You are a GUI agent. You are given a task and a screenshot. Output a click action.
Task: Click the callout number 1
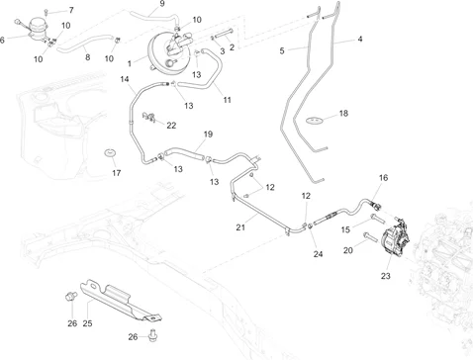point(130,63)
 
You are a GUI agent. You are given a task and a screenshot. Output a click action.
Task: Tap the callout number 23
point(385,276)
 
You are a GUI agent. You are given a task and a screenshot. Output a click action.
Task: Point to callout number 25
point(87,323)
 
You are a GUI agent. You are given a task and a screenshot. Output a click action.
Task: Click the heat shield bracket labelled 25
point(121,301)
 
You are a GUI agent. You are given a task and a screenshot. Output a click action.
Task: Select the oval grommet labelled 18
point(315,121)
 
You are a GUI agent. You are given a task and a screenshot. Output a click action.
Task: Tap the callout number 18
point(343,113)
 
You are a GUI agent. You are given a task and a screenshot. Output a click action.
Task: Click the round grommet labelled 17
point(110,152)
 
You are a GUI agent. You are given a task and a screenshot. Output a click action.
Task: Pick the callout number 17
point(116,173)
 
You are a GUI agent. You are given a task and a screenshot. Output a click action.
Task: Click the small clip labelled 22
point(148,117)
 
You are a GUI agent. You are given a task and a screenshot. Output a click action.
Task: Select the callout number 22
point(171,126)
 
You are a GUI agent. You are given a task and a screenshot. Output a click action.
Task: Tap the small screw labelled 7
point(47,12)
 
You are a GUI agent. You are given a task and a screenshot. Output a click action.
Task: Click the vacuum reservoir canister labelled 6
point(37,28)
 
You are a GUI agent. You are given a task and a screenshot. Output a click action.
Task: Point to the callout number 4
point(360,39)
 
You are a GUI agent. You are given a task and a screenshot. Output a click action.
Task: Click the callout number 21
point(240,227)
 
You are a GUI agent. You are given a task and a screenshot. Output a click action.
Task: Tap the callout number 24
point(318,254)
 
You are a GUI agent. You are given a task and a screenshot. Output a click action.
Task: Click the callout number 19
point(208,135)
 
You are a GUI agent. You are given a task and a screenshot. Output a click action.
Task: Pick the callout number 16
point(383,178)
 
